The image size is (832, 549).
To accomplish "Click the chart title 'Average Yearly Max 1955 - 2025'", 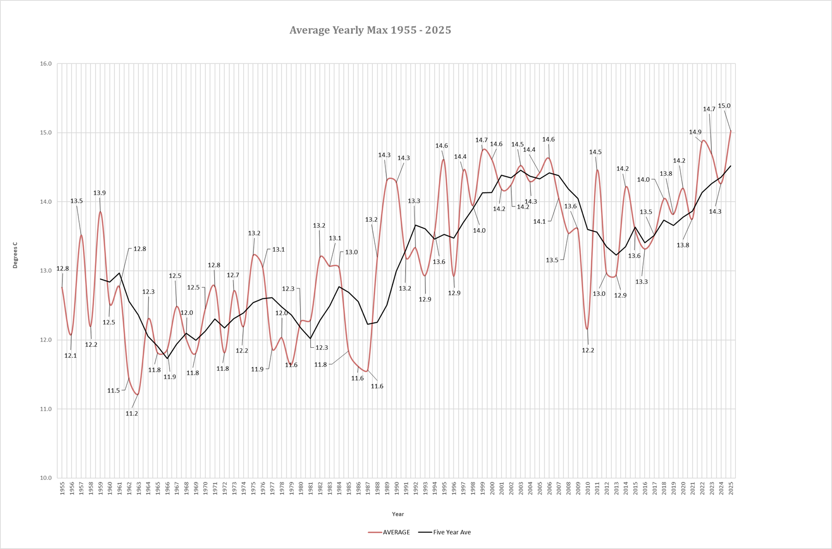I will [370, 30].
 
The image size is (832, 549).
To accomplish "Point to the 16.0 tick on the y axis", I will [46, 64].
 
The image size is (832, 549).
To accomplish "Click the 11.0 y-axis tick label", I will [46, 409].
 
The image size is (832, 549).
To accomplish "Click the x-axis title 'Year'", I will [398, 514].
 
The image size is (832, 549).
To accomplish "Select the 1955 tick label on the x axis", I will [62, 489].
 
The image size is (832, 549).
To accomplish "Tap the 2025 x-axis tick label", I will [731, 489].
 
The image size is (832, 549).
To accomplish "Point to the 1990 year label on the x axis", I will [397, 489].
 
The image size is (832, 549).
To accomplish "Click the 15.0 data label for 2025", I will [724, 106].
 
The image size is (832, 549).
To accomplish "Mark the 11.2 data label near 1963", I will [132, 414].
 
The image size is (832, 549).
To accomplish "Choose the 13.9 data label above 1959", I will [99, 193].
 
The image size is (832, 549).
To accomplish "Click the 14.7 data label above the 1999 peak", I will [482, 140].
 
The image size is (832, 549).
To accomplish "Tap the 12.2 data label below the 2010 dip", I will [588, 350].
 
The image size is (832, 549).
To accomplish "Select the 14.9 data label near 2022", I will [695, 132].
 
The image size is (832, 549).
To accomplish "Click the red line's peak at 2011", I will [597, 170].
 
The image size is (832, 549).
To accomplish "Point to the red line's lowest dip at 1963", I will [138, 395].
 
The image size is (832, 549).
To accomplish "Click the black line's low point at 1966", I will [167, 358].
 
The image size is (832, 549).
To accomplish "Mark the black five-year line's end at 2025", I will [731, 166].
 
